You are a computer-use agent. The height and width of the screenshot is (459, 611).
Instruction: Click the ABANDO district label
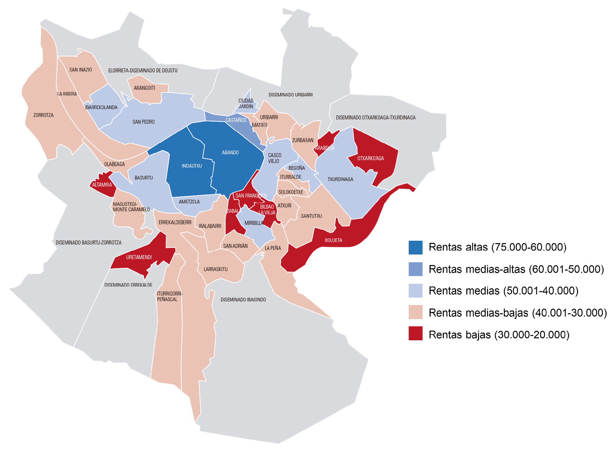pyautogui.click(x=230, y=153)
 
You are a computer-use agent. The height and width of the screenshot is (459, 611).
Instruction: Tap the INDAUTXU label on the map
pyautogui.click(x=192, y=166)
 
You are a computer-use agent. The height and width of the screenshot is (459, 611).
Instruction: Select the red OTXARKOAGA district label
pyautogui.click(x=371, y=159)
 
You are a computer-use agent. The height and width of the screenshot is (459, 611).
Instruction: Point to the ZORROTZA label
pyautogui.click(x=43, y=115)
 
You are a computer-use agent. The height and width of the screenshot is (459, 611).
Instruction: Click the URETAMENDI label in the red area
pyautogui.click(x=139, y=257)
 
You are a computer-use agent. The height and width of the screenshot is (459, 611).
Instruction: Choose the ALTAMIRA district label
pyautogui.click(x=102, y=185)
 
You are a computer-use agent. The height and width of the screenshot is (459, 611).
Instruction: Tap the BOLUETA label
pyautogui.click(x=333, y=240)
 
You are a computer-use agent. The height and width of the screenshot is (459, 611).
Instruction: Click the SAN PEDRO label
pyautogui.click(x=143, y=122)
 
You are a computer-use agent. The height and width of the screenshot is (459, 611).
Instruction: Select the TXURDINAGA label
pyautogui.click(x=340, y=179)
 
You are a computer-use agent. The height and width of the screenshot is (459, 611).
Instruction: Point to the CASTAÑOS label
pyautogui.click(x=236, y=120)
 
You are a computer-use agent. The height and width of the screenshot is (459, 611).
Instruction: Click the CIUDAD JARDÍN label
pyautogui.click(x=246, y=103)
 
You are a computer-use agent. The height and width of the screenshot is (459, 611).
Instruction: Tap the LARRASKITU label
pyautogui.click(x=215, y=269)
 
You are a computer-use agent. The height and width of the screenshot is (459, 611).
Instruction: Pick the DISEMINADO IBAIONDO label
pyautogui.click(x=243, y=300)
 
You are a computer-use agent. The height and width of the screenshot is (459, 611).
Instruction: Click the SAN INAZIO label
pyautogui.click(x=81, y=70)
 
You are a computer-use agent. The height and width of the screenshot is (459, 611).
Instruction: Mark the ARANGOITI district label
pyautogui.click(x=144, y=88)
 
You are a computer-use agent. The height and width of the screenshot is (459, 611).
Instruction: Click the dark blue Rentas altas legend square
pyautogui.click(x=415, y=248)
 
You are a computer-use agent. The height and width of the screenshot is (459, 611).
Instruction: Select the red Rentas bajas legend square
pyautogui.click(x=415, y=333)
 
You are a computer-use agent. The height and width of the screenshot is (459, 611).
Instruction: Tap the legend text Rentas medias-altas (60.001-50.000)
pyautogui.click(x=516, y=269)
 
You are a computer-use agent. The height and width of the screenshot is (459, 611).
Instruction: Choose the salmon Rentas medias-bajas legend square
pyautogui.click(x=415, y=312)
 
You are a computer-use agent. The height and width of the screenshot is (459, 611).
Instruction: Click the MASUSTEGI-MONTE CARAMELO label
pyautogui.click(x=131, y=207)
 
